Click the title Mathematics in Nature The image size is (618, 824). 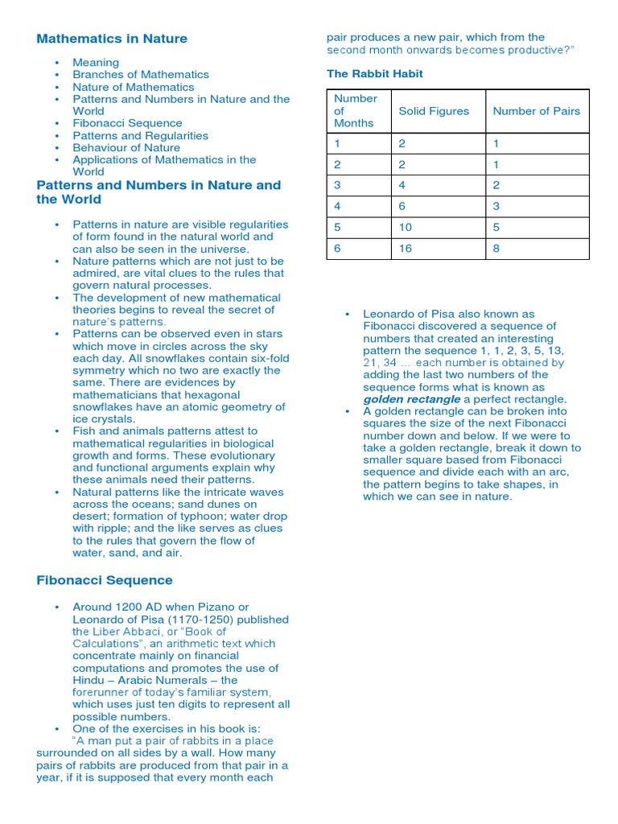[x=112, y=39]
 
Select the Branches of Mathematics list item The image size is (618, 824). [x=140, y=75]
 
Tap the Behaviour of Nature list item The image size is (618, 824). [x=126, y=148]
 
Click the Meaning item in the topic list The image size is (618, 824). [x=96, y=63]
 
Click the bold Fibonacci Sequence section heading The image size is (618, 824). [x=105, y=580]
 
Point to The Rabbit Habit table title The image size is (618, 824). [x=374, y=74]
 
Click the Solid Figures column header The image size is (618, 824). [x=434, y=111]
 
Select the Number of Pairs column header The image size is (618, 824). [x=536, y=111]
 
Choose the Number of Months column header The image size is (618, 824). [x=355, y=111]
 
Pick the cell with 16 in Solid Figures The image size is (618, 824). [x=406, y=249]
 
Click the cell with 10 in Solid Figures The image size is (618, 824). [x=406, y=228]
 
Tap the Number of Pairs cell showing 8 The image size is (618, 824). [x=496, y=249]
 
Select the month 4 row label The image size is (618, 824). [x=338, y=207]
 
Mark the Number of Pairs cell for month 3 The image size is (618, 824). [x=496, y=185]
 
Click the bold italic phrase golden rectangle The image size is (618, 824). [x=412, y=399]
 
